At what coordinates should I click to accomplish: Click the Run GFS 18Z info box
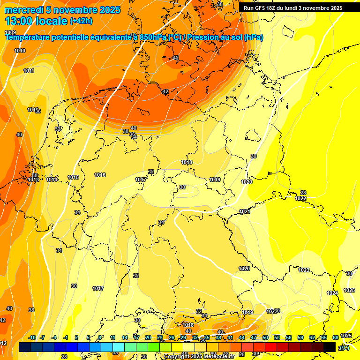293,8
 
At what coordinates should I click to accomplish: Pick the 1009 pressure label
10,32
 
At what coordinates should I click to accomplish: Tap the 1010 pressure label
20,51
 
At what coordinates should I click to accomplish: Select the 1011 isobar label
29,71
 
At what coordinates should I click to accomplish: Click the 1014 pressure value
52,180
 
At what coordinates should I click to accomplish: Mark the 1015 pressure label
73,177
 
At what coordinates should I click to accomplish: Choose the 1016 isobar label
100,175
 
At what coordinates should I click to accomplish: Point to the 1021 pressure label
245,212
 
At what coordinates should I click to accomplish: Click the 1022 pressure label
301,198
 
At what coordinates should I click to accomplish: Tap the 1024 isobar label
332,293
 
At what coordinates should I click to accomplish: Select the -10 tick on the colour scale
32,337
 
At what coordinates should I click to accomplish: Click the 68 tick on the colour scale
336,337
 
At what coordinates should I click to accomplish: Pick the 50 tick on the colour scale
266,337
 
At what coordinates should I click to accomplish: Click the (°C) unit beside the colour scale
345,347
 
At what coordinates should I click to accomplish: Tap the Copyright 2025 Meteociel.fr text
199,357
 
